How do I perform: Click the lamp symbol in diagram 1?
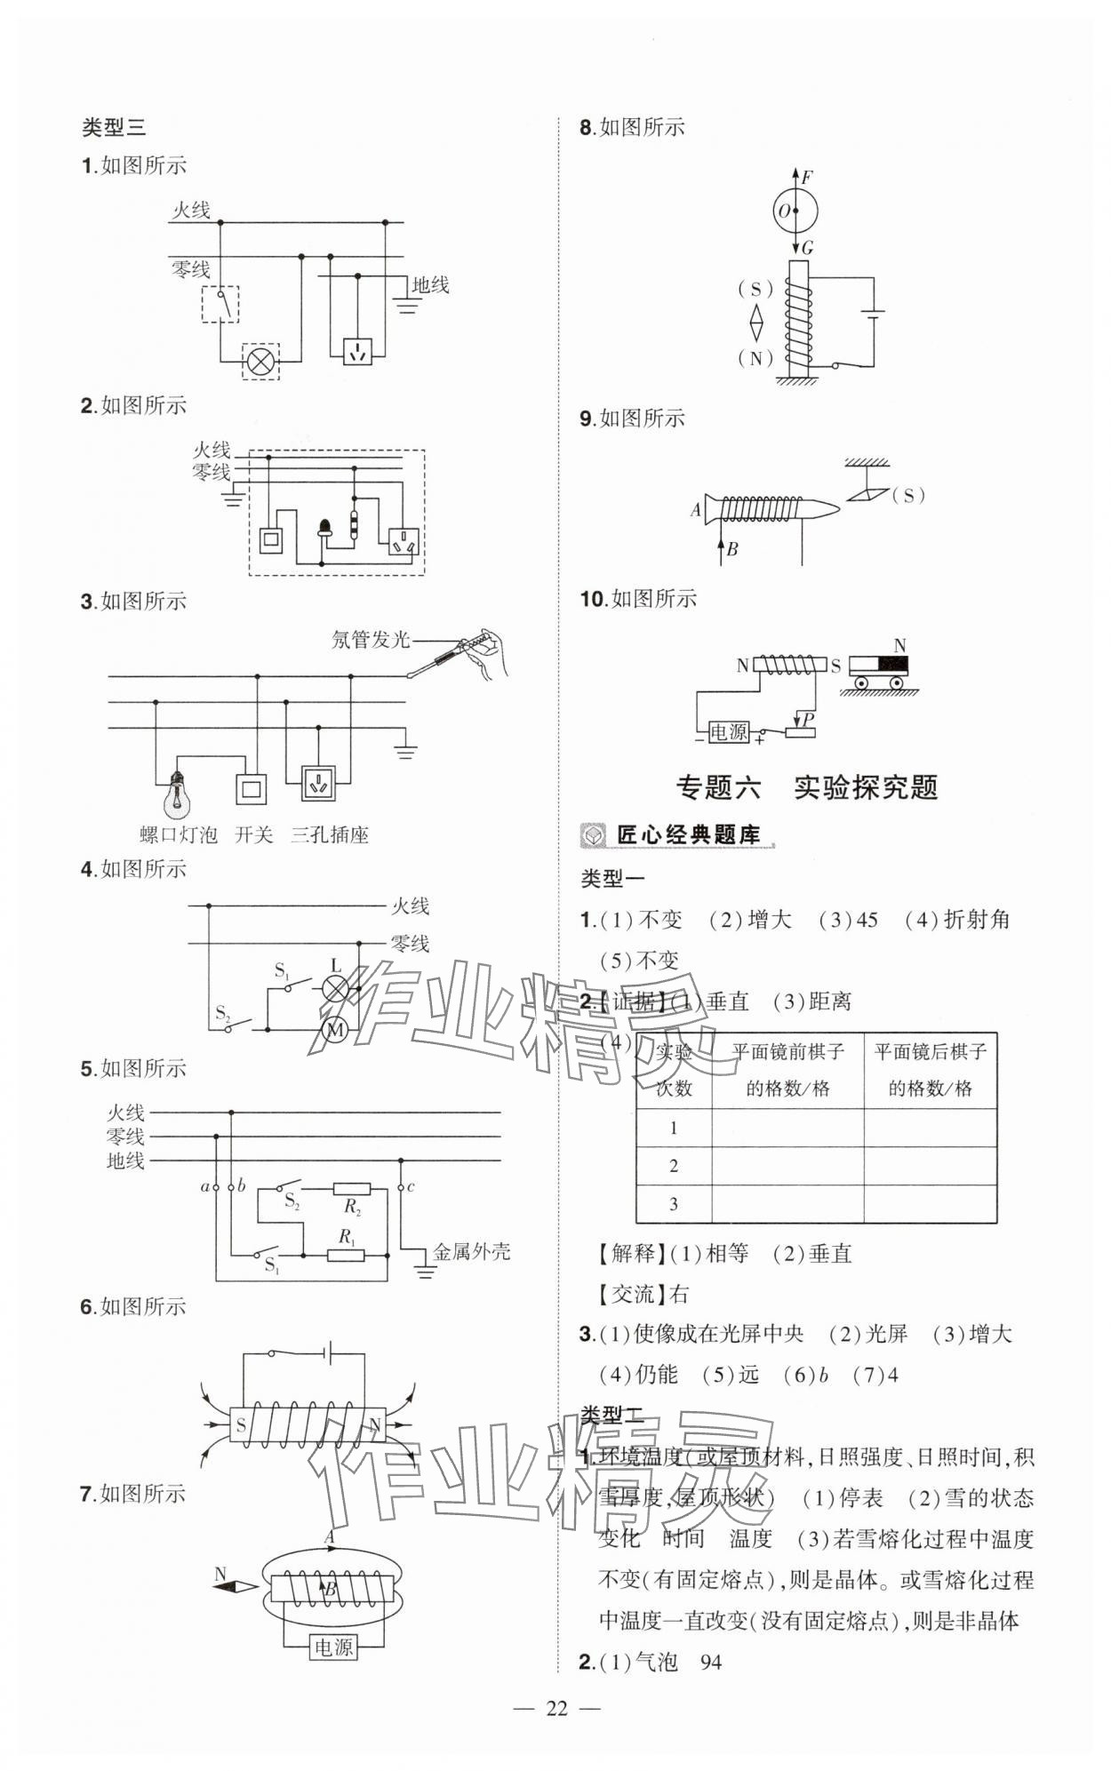261,362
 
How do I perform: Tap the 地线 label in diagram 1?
430,285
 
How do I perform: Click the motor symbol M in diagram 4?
336,1029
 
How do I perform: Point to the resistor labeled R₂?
351,1189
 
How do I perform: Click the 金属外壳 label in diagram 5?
472,1252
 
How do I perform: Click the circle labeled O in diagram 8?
793,211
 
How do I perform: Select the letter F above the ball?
806,177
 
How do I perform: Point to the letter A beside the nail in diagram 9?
696,510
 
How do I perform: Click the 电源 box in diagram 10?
728,731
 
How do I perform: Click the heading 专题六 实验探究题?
807,787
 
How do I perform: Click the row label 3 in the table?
674,1204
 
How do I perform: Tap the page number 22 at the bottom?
556,1708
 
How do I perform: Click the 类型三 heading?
113,128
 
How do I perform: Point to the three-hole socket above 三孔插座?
317,784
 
